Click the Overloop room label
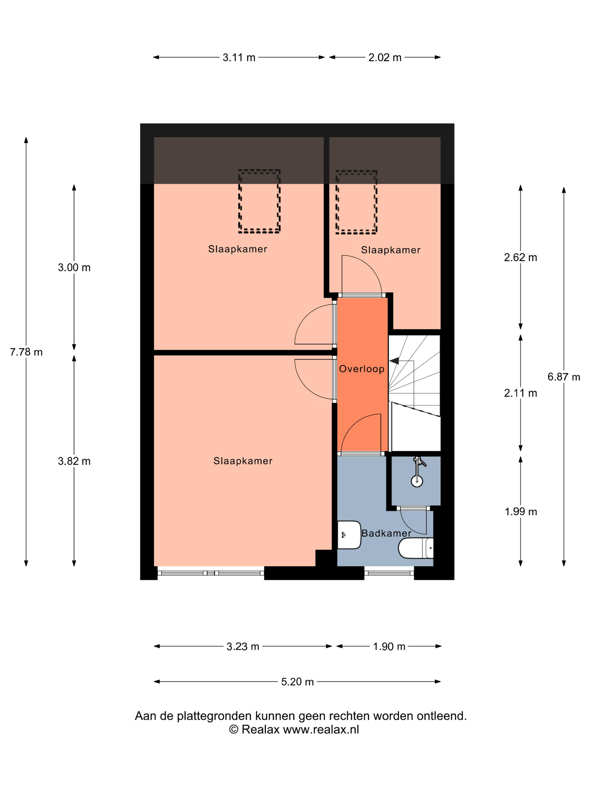coord(362,368)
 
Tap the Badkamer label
coord(386,533)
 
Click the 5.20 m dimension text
coord(297,681)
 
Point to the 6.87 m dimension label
coord(564,377)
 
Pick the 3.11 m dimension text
coord(239,57)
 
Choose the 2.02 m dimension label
coord(385,57)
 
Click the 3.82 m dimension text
coord(74,461)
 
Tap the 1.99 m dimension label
coord(521,512)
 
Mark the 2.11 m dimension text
coord(521,393)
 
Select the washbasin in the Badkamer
coord(349,535)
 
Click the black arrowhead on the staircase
coord(394,361)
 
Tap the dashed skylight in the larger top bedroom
coord(259,201)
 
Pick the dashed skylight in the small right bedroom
coord(356,202)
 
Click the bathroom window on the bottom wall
coord(389,573)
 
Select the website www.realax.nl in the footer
coord(321,729)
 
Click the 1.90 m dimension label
coord(389,646)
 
